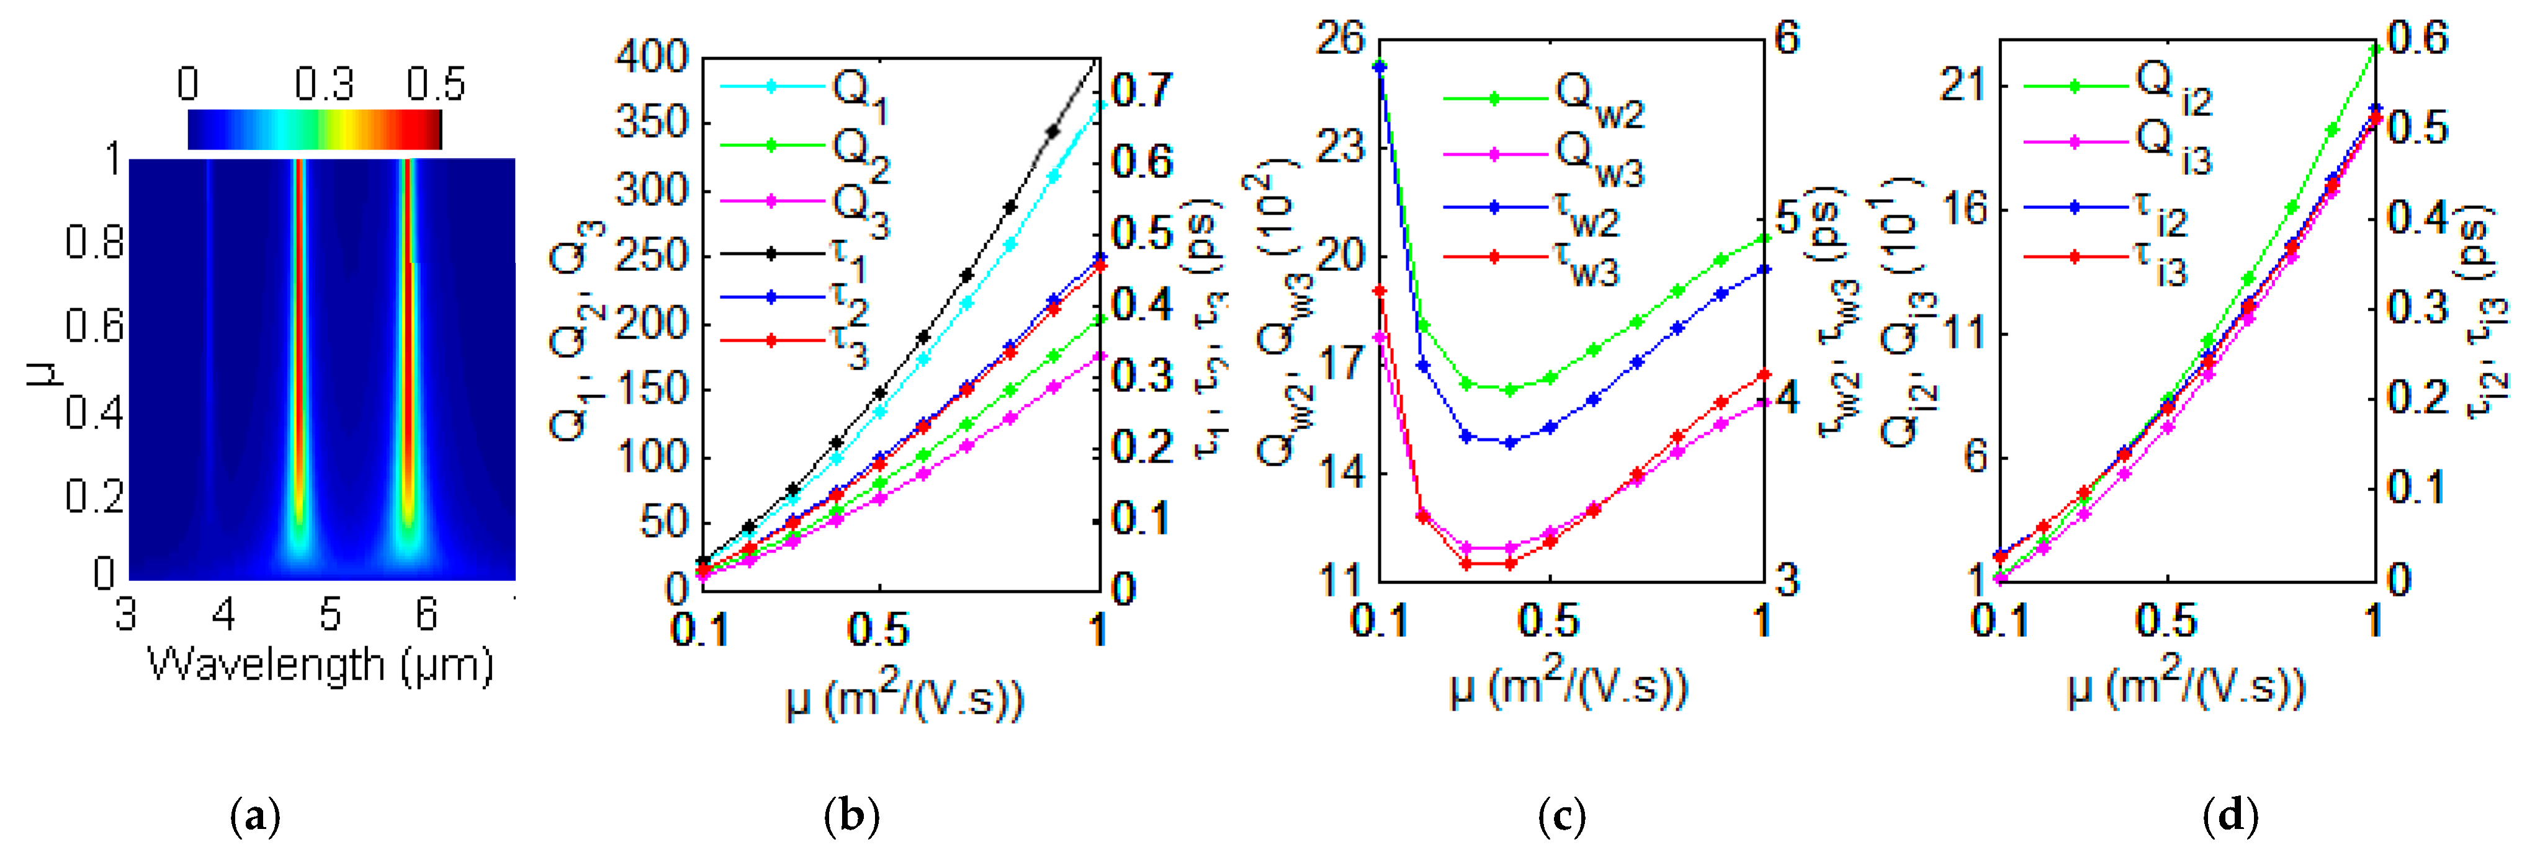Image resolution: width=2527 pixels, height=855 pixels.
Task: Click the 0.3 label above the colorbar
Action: click(324, 86)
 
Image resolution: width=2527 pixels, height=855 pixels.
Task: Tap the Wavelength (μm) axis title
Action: click(320, 666)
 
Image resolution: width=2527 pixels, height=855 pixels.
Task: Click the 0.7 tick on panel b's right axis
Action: click(1141, 90)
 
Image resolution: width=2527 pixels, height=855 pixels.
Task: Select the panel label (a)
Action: click(255, 816)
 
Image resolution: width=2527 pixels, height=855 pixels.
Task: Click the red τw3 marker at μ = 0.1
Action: click(1380, 291)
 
